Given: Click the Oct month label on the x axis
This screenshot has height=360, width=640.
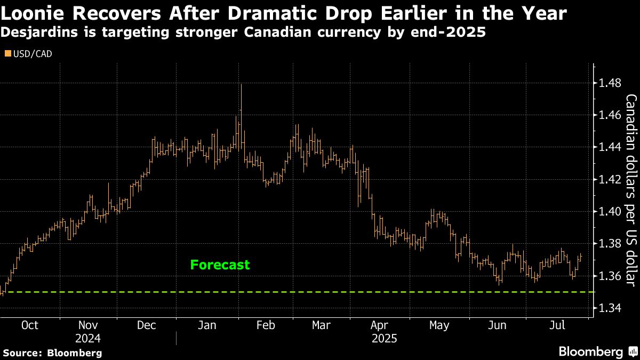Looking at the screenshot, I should pyautogui.click(x=30, y=325).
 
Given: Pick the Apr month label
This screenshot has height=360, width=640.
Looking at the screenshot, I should pyautogui.click(x=379, y=325).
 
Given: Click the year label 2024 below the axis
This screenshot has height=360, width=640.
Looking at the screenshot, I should pyautogui.click(x=87, y=338).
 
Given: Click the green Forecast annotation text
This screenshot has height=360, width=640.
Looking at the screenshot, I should pyautogui.click(x=220, y=265).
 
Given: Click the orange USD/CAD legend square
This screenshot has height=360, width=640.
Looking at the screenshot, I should pyautogui.click(x=7, y=53).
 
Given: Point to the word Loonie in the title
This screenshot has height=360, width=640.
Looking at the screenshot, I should pyautogui.click(x=35, y=13).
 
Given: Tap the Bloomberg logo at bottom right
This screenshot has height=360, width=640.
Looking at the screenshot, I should pyautogui.click(x=597, y=351).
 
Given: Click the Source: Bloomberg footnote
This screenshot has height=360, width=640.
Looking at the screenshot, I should pyautogui.click(x=52, y=353).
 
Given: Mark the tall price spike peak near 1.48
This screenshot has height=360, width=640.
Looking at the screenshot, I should pyautogui.click(x=242, y=85).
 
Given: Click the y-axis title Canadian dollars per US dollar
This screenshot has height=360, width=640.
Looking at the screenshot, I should pyautogui.click(x=631, y=189).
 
